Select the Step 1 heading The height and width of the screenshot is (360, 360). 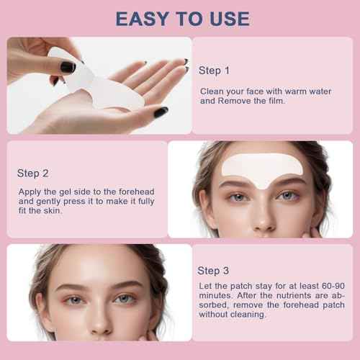214,71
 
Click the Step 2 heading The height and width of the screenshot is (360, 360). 33,174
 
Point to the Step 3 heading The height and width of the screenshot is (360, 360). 214,270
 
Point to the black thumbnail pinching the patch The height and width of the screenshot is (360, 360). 67,66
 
